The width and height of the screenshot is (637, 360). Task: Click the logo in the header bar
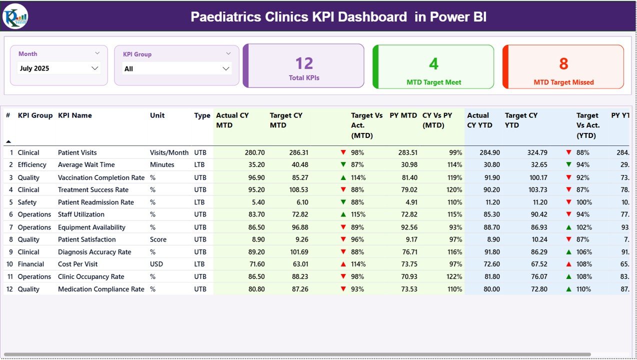pyautogui.click(x=15, y=16)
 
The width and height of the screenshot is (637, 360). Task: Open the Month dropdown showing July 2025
pyautogui.click(x=59, y=68)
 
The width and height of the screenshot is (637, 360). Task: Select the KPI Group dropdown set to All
pyautogui.click(x=176, y=68)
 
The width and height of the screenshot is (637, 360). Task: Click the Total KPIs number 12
pyautogui.click(x=304, y=63)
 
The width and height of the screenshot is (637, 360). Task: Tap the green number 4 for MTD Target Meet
pyautogui.click(x=433, y=63)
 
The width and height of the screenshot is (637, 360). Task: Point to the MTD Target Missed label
pyautogui.click(x=563, y=82)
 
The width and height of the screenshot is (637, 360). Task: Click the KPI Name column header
pyautogui.click(x=75, y=115)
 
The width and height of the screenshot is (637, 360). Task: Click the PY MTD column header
pyautogui.click(x=403, y=115)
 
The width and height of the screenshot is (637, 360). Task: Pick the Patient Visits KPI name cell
pyautogui.click(x=77, y=152)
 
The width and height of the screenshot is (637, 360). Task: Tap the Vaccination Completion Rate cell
pyautogui.click(x=101, y=177)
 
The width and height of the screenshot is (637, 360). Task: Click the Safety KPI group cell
pyautogui.click(x=27, y=202)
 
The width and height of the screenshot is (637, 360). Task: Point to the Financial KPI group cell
pyautogui.click(x=31, y=264)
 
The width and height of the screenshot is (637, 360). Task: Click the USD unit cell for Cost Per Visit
pyautogui.click(x=156, y=264)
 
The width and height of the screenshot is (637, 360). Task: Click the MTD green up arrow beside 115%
pyautogui.click(x=343, y=214)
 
